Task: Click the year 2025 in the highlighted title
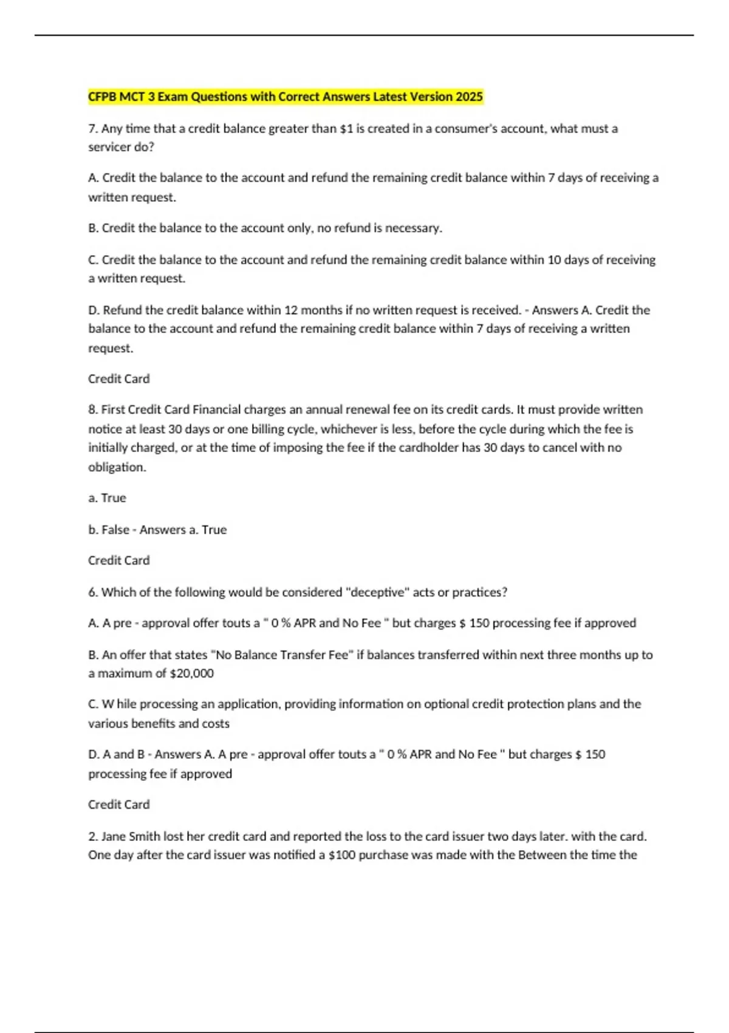click(469, 97)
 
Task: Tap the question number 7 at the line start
click(92, 129)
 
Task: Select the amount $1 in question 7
click(346, 129)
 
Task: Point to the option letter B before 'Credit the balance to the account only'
click(92, 228)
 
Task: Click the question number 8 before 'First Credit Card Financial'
click(92, 410)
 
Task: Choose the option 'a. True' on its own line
click(107, 498)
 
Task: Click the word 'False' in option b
click(115, 530)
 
